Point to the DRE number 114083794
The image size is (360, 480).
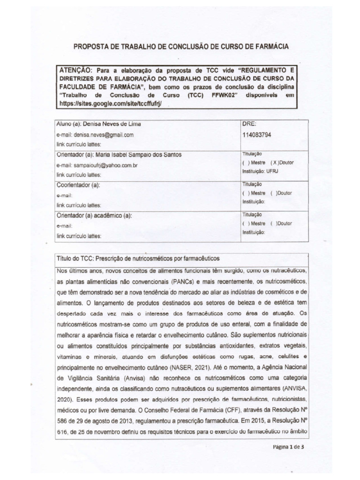coord(257,135)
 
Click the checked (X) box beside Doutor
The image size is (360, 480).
coord(274,163)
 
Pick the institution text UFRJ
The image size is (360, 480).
coord(273,172)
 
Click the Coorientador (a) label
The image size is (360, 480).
coord(78,185)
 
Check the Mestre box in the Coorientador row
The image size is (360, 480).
coord(245,193)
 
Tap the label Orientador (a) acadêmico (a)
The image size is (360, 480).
coord(94,216)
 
